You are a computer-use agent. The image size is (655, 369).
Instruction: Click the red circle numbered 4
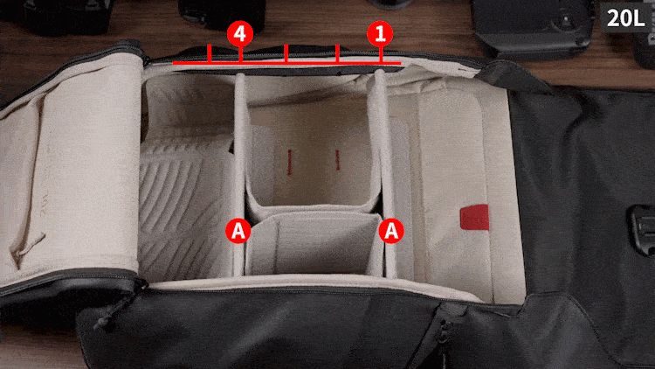point(239,34)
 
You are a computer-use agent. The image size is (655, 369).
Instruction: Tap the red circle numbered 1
point(379,34)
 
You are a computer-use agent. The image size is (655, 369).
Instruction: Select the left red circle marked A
point(238,231)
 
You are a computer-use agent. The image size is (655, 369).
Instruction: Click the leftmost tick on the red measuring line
point(210,55)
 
